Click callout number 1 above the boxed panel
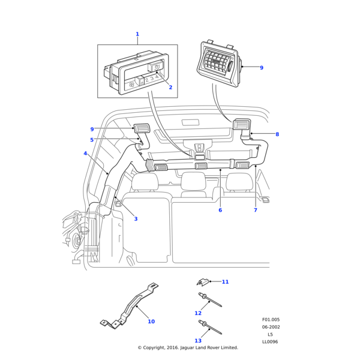pyautogui.click(x=137, y=34)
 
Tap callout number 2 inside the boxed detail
pyautogui.click(x=170, y=88)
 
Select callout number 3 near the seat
pyautogui.click(x=136, y=219)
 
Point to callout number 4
pyautogui.click(x=85, y=154)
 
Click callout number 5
pyautogui.click(x=92, y=140)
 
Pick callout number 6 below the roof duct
pyautogui.click(x=220, y=210)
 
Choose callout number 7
pyautogui.click(x=255, y=210)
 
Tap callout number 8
pyautogui.click(x=277, y=134)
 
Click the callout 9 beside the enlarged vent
pyautogui.click(x=262, y=68)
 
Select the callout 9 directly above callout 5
pyautogui.click(x=92, y=129)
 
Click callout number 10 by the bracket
pyautogui.click(x=151, y=322)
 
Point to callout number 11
pyautogui.click(x=225, y=282)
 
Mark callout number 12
pyautogui.click(x=197, y=313)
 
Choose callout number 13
pyautogui.click(x=197, y=341)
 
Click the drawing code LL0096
pyautogui.click(x=270, y=342)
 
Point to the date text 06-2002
pyautogui.click(x=271, y=327)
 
